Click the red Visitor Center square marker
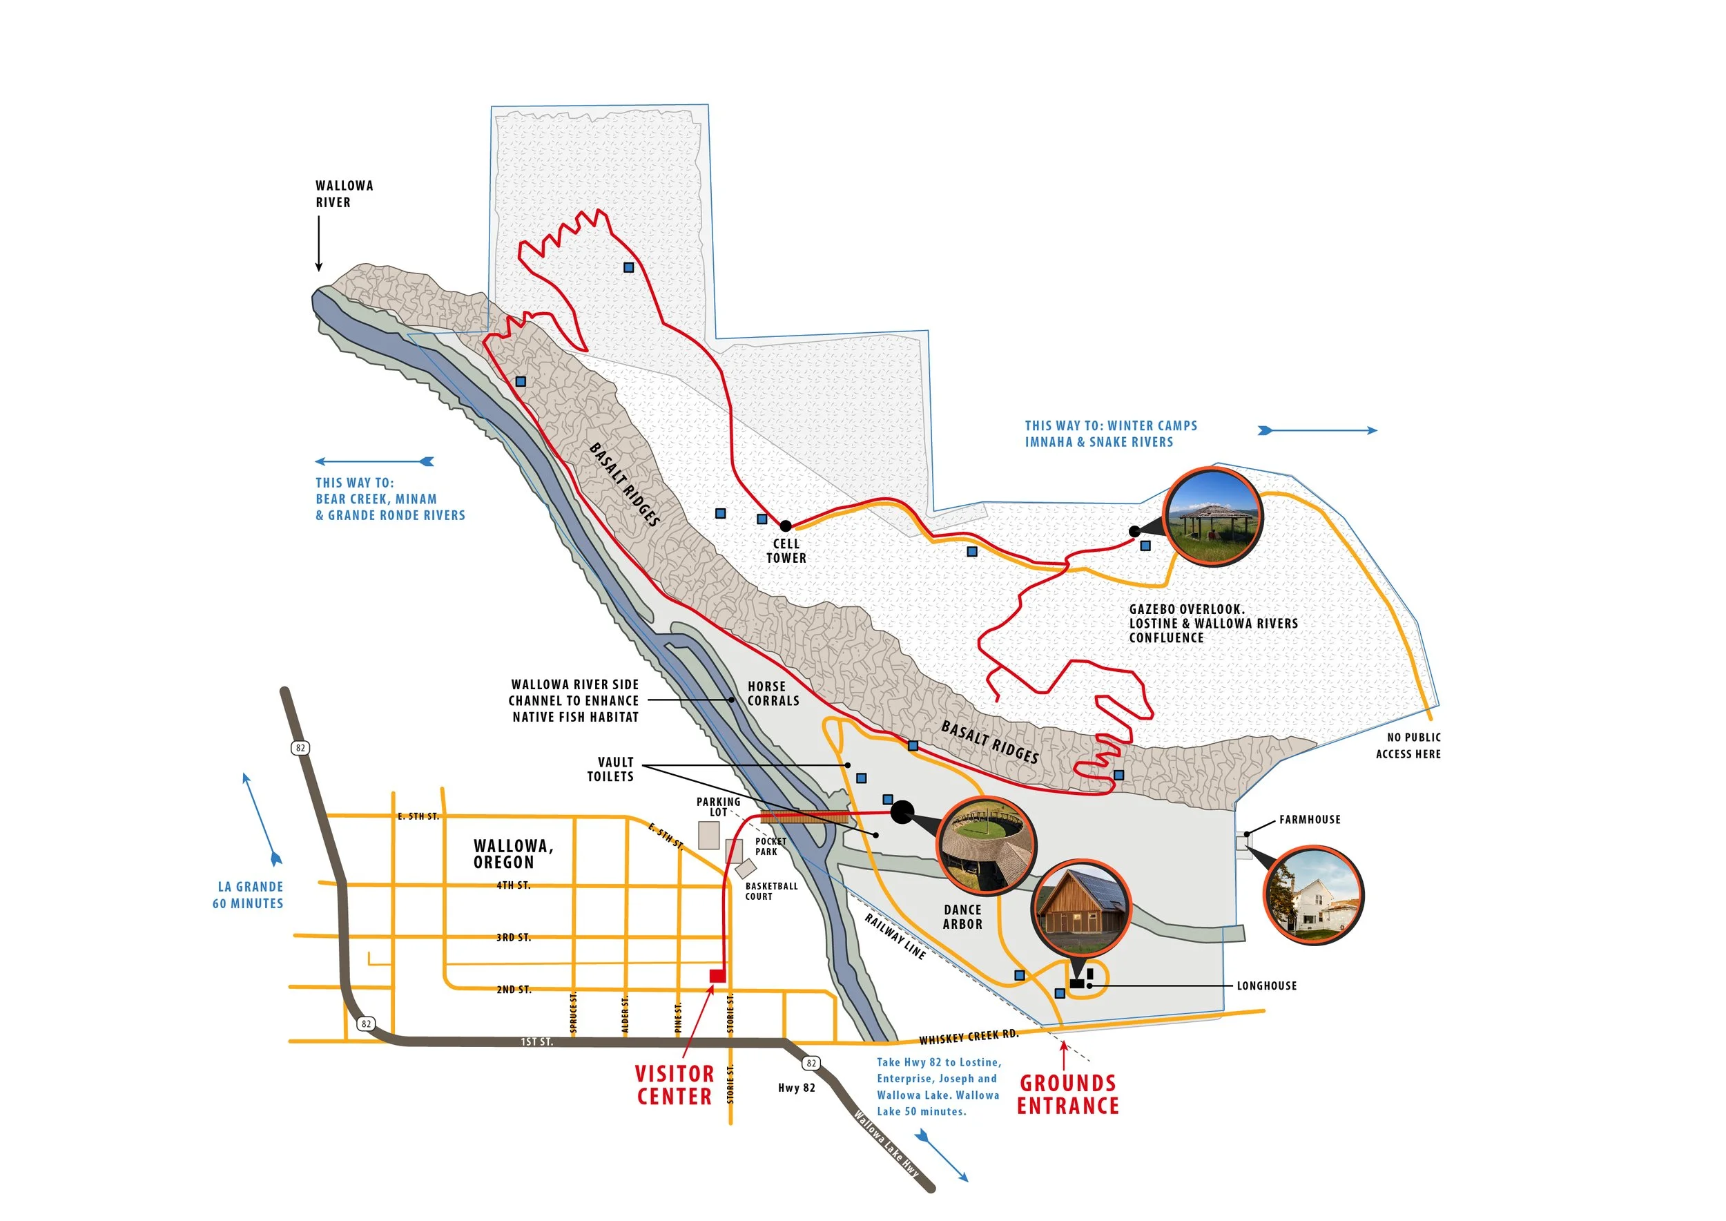tap(717, 976)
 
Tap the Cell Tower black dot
tap(785, 526)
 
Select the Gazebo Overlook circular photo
tap(1212, 517)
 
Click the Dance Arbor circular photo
tap(987, 846)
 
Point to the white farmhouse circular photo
tap(1313, 895)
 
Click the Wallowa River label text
tap(344, 194)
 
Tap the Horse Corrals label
tap(772, 694)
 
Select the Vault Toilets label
tap(610, 769)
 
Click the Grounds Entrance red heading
tap(1067, 1095)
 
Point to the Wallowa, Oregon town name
tap(514, 854)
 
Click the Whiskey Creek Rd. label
tap(968, 1037)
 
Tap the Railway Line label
tap(895, 936)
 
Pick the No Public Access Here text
tap(1408, 746)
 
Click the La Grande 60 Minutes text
tap(248, 896)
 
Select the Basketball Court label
tap(771, 891)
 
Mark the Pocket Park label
tap(770, 847)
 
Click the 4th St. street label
tap(514, 885)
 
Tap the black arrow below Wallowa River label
tap(319, 243)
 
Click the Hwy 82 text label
tap(796, 1088)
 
